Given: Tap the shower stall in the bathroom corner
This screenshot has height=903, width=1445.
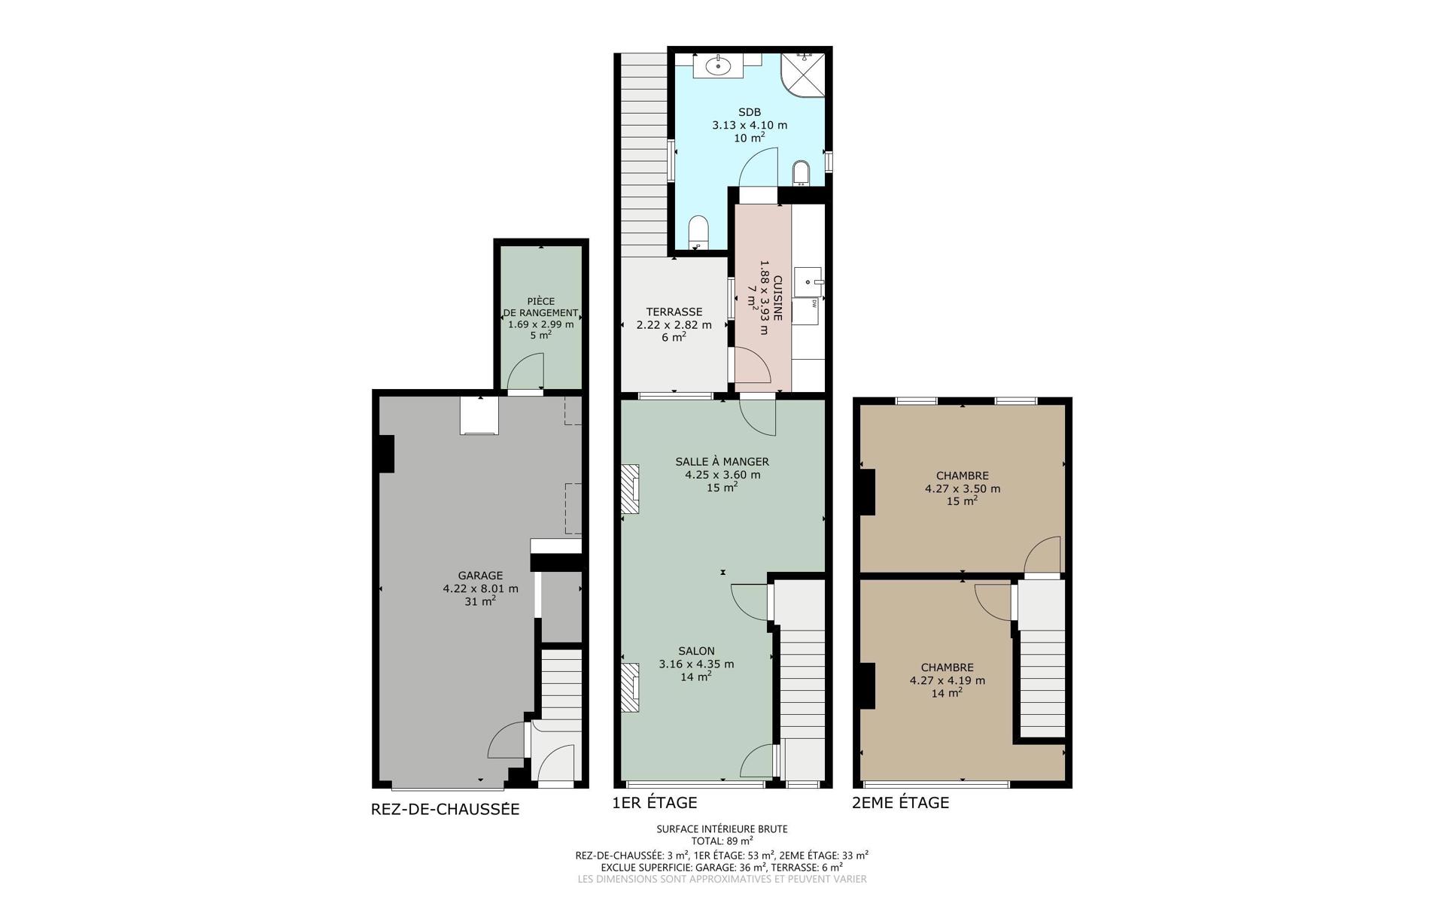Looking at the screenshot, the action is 803,75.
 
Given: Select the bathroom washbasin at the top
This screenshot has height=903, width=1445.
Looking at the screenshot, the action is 719,65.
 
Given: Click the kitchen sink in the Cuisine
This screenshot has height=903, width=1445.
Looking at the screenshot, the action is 808,282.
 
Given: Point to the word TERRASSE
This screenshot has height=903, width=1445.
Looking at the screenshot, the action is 674,312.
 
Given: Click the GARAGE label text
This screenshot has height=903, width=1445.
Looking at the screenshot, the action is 480,576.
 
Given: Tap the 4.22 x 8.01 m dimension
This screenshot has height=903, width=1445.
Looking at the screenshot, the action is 480,588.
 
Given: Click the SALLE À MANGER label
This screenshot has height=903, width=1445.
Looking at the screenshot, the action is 722,461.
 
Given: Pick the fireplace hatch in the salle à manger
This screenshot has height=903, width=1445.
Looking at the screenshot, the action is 630,489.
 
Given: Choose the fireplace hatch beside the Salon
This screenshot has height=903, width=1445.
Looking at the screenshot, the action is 630,687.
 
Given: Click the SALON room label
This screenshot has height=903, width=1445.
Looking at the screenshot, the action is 696,651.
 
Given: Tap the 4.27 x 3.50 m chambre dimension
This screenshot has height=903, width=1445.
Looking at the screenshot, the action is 963,488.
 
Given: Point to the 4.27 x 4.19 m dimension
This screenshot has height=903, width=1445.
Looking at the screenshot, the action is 948,680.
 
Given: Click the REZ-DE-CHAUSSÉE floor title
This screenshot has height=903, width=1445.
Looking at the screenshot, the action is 446,810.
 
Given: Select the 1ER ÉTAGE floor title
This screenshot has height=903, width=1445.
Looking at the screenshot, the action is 655,802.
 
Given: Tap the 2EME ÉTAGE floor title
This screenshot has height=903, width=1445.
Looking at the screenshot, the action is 900,802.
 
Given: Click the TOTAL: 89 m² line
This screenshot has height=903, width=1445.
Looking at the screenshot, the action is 722,841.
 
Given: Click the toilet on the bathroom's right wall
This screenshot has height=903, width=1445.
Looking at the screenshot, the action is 801,172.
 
